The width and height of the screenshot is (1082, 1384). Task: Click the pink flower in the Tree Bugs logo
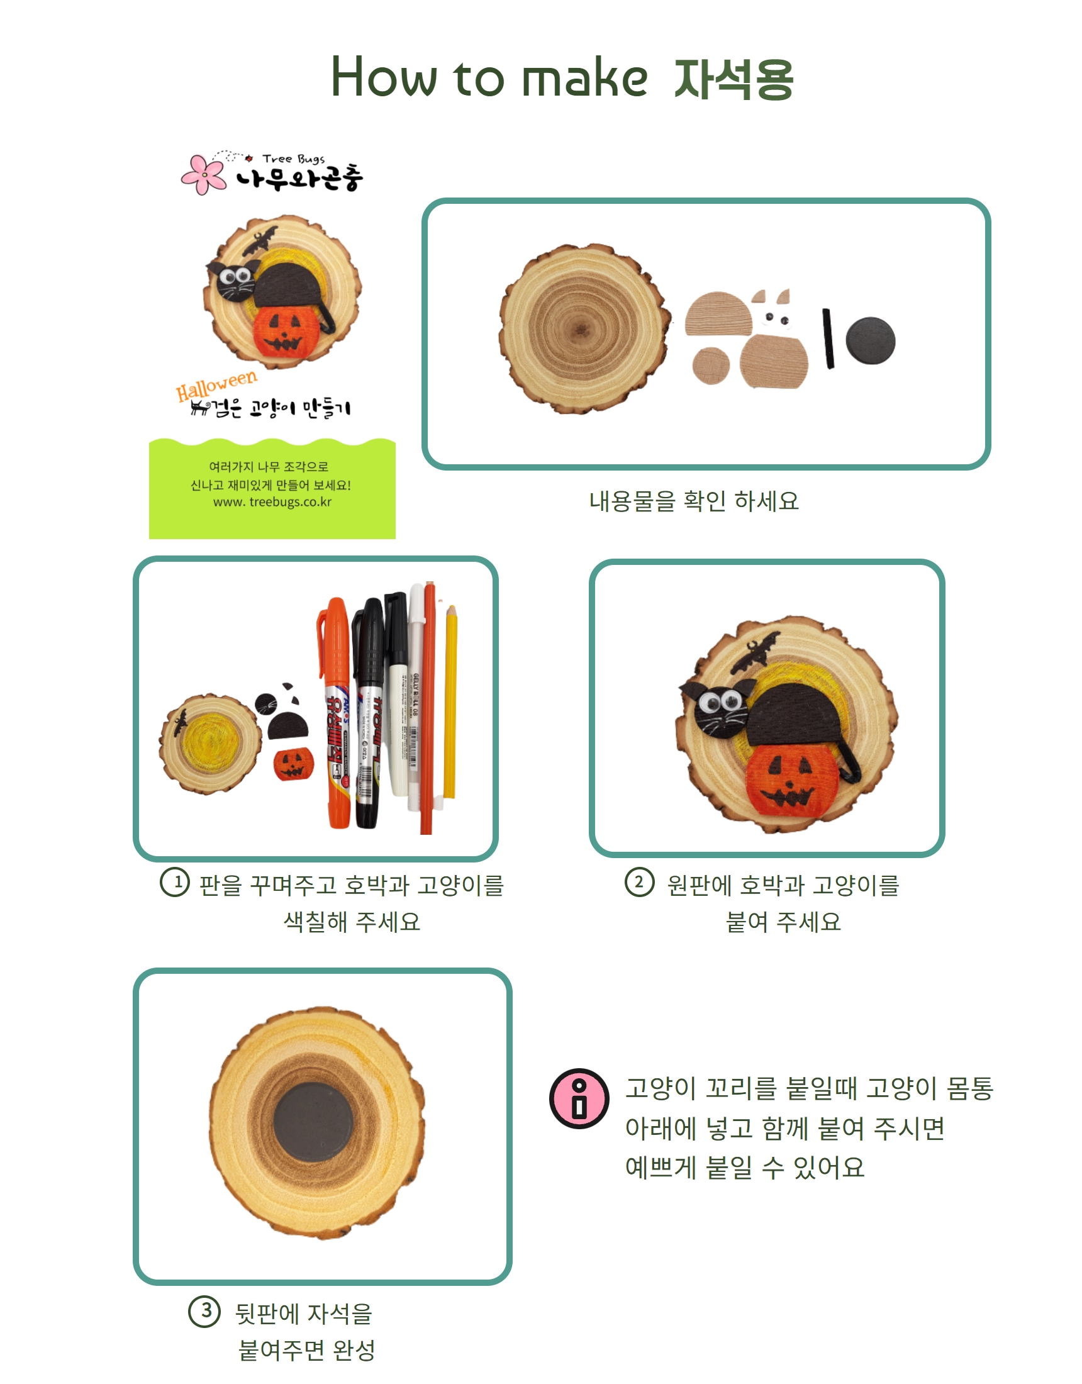(203, 174)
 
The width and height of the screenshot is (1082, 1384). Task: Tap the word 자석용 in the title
(733, 79)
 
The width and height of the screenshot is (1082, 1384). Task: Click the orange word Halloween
(217, 384)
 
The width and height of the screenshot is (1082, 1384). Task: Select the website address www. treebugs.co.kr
(272, 502)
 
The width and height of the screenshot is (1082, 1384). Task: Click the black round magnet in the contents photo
(870, 340)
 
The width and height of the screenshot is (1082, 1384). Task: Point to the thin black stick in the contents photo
(828, 338)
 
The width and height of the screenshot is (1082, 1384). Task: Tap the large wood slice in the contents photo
(584, 328)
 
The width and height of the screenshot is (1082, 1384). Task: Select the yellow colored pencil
(450, 701)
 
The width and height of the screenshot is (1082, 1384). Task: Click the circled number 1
(175, 882)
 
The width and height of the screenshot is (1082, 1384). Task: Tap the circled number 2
(639, 882)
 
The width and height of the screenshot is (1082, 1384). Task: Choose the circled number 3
(204, 1311)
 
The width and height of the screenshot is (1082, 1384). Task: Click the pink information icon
(579, 1099)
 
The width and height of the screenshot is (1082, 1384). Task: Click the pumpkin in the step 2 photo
(792, 779)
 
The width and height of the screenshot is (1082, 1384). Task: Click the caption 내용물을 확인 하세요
(693, 501)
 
